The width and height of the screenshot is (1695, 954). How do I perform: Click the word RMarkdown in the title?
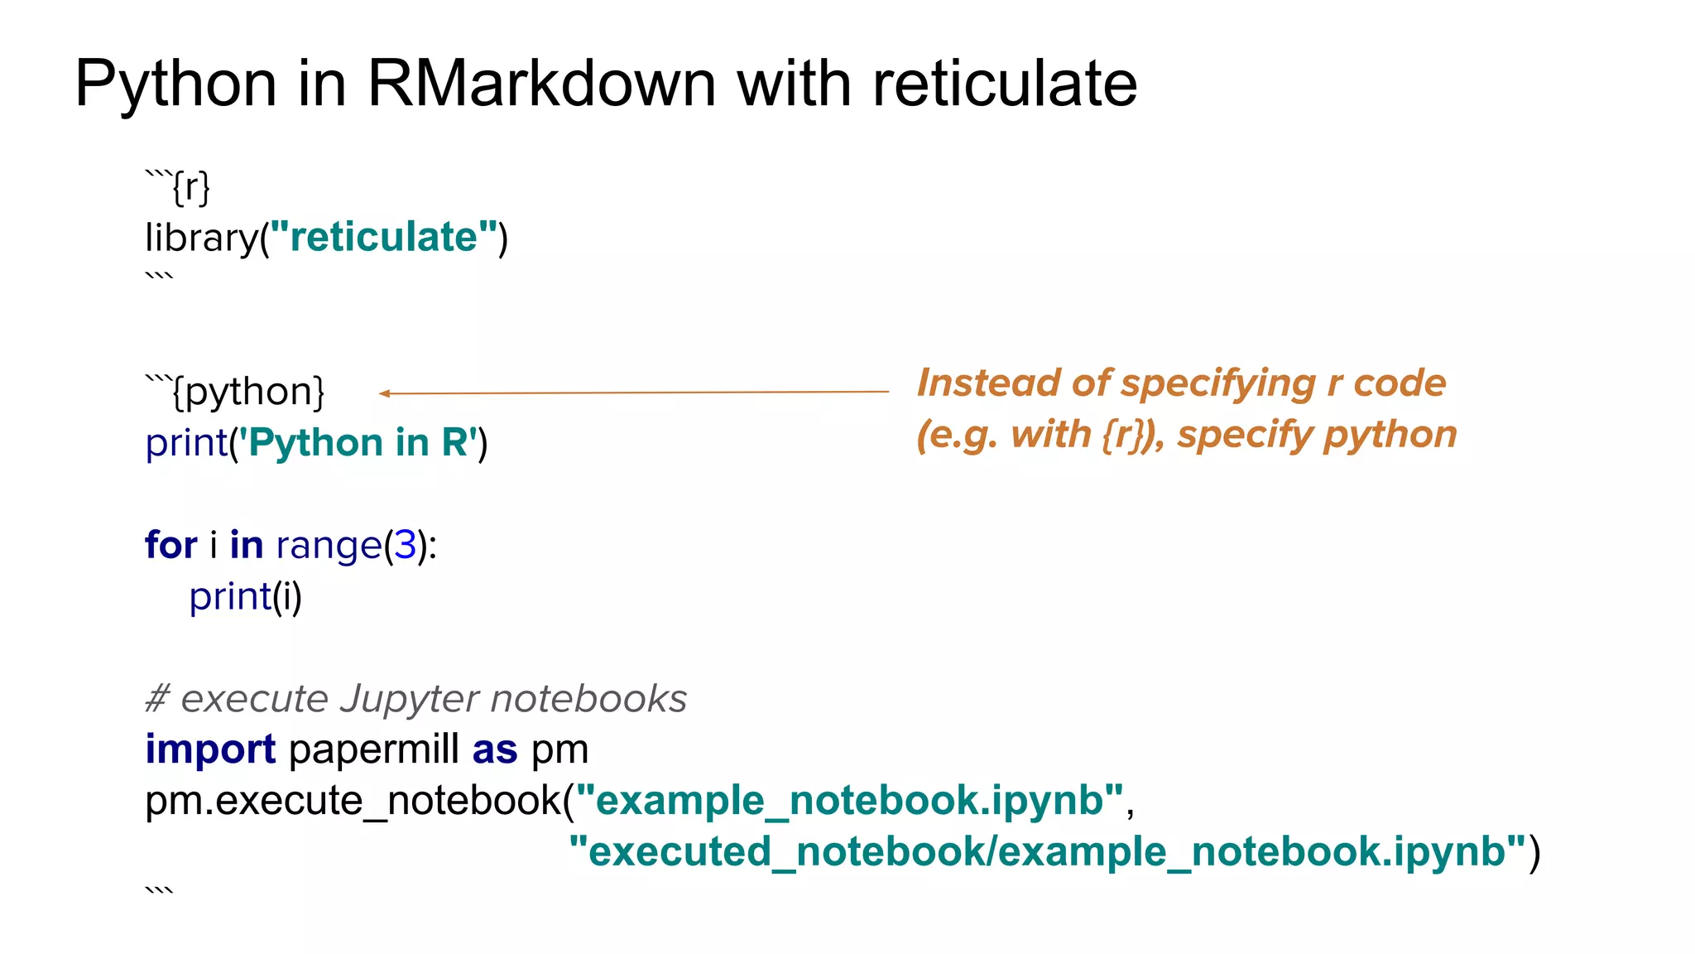coord(541,84)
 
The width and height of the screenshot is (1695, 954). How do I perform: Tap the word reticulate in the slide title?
coord(1005,84)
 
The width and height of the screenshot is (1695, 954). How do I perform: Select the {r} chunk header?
coord(190,187)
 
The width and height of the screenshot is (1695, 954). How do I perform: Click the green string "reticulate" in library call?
coord(384,238)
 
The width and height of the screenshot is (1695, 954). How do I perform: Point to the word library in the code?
coord(202,238)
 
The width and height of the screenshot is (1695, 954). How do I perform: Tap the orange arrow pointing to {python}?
coord(633,393)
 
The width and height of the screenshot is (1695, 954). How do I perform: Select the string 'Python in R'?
coord(358,442)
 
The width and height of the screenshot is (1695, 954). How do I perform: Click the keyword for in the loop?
coord(170,545)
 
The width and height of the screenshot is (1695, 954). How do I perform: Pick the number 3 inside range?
coord(405,545)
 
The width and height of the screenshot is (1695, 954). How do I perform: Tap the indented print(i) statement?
coord(246,596)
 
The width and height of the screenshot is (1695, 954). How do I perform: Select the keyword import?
coord(210,749)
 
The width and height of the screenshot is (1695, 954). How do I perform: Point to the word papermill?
coord(373,750)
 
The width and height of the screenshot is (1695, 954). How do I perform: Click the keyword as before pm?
coord(494,749)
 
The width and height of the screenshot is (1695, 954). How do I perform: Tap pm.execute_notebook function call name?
coord(353,801)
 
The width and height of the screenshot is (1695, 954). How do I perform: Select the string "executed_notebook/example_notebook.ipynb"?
coord(1047,851)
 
